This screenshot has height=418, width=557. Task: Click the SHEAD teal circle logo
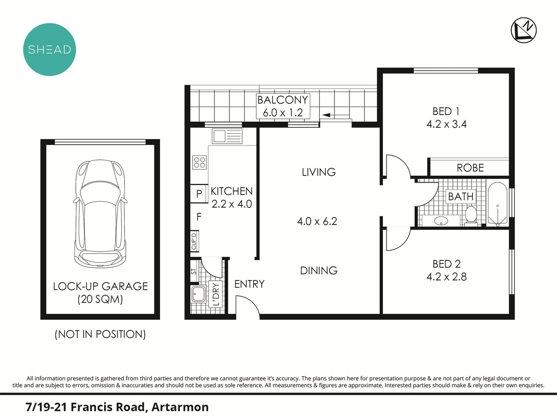click(50, 50)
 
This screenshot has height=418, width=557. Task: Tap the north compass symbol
click(523, 30)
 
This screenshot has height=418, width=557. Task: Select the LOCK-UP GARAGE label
click(100, 286)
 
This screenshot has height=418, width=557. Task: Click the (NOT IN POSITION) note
click(100, 334)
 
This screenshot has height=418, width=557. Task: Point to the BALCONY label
click(283, 100)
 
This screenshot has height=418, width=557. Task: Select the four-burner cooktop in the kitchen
click(200, 162)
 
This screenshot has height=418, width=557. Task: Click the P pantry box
click(199, 194)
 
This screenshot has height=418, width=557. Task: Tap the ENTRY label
click(249, 284)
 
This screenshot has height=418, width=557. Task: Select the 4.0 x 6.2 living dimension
click(317, 221)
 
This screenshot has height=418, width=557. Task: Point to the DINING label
click(319, 271)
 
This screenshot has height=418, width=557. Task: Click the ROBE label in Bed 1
click(470, 168)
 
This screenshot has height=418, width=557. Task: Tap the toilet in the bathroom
click(471, 215)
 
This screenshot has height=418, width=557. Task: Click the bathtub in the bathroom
click(497, 204)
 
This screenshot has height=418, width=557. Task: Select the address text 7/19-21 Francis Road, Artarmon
click(117, 407)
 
